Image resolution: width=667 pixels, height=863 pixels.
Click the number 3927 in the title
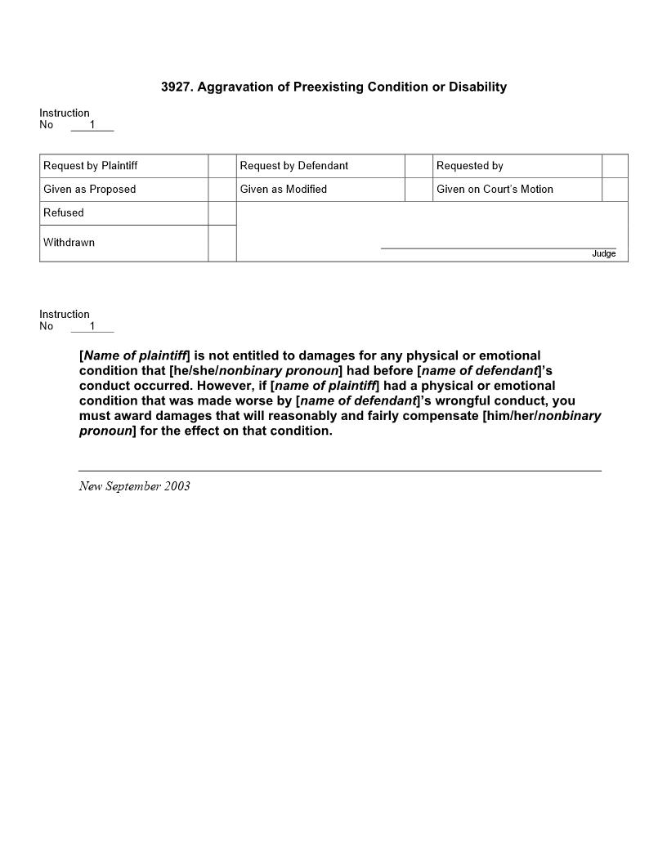coord(176,87)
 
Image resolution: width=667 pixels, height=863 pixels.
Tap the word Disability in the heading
coord(471,87)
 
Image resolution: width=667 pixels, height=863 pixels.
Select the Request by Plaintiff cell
coord(91,166)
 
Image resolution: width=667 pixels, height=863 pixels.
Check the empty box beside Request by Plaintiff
coord(222,166)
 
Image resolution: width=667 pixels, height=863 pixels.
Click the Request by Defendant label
coord(294,166)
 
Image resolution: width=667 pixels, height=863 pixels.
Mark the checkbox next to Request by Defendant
coord(419,166)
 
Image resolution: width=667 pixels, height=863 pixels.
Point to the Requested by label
coord(470,166)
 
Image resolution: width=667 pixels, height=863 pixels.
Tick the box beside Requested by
coord(615,166)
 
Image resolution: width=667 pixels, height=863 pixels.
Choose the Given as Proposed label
coord(90,190)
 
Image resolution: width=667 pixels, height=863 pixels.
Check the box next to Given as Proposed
coord(222,190)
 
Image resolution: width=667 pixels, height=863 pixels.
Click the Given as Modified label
coord(284,190)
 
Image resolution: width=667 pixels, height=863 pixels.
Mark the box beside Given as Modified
coord(419,190)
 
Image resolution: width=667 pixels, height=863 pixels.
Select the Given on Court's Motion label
coord(495,190)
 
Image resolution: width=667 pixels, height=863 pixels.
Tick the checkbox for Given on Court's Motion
coord(615,190)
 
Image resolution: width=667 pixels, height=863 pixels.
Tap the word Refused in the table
coord(64,213)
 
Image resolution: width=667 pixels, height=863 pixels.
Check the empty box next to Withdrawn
coord(222,244)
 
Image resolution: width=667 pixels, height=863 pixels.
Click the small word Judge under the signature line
coord(604,254)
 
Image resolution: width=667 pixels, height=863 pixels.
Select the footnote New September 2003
coord(135,486)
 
